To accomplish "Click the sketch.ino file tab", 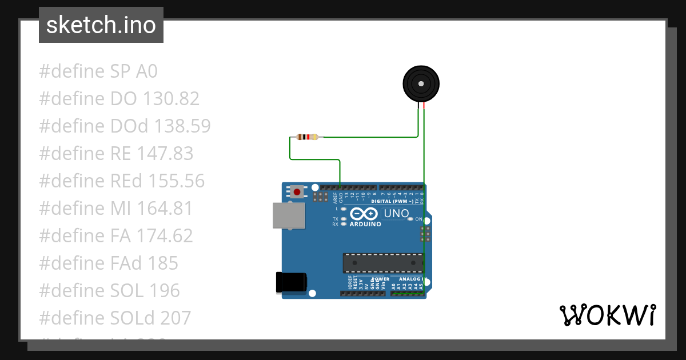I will tap(101, 25).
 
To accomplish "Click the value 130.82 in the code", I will tap(171, 99).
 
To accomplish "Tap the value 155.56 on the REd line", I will tap(176, 181).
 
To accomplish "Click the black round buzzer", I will tap(421, 84).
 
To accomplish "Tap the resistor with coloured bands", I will tap(307, 137).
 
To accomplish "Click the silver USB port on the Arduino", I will tap(289, 215).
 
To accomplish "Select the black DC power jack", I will tap(292, 283).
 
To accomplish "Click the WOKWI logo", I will tap(607, 315).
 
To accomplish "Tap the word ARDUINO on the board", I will tap(365, 224).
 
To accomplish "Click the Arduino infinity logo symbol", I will tap(364, 214).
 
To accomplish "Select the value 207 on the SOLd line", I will tap(176, 318).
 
